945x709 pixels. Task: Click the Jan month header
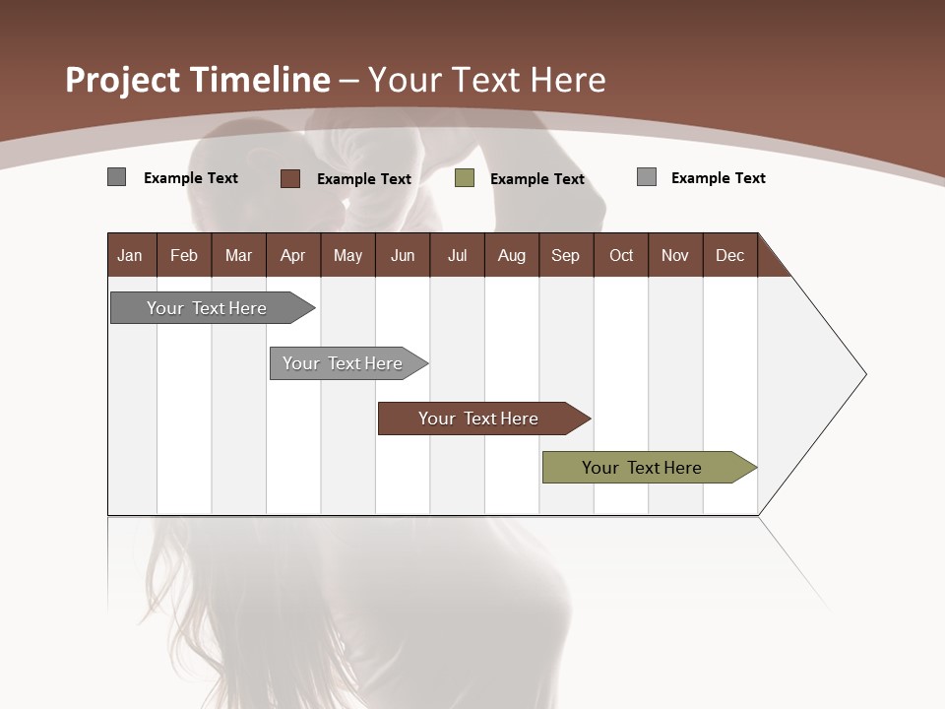130,255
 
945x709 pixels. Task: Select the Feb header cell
184,255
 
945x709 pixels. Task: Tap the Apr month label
292,255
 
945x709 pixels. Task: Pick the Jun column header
403,255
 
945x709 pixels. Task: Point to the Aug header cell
512,255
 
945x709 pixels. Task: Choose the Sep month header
565,255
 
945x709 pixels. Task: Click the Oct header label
621,255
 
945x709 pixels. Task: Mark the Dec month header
729,255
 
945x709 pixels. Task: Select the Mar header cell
238,255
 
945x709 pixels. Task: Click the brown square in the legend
290,178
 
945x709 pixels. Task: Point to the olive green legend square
465,178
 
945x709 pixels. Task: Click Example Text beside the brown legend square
363,179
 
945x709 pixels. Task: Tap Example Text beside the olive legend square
536,179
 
